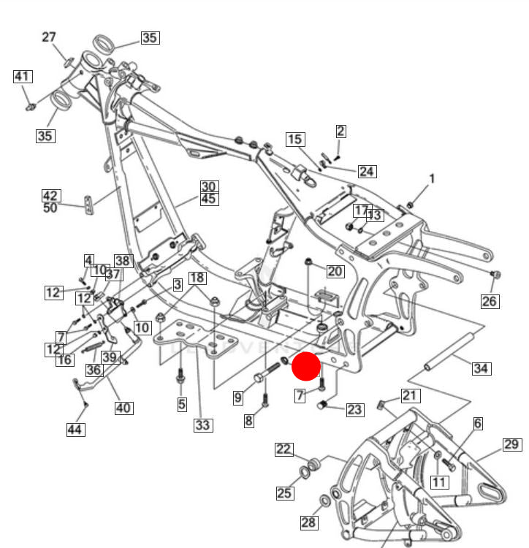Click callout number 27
tap(49, 37)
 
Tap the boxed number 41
tap(23, 76)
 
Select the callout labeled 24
tap(367, 172)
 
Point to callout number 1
tap(431, 178)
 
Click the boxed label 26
tap(489, 300)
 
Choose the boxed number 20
tap(335, 272)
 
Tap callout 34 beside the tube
tap(480, 368)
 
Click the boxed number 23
tap(354, 410)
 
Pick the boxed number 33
tap(202, 425)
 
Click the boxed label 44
tap(75, 430)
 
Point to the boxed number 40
tap(123, 408)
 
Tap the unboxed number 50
tap(50, 208)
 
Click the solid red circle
tap(306, 366)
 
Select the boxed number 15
tap(294, 139)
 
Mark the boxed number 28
tap(309, 522)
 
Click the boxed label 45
tap(210, 199)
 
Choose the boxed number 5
tap(182, 403)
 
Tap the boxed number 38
tap(122, 261)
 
